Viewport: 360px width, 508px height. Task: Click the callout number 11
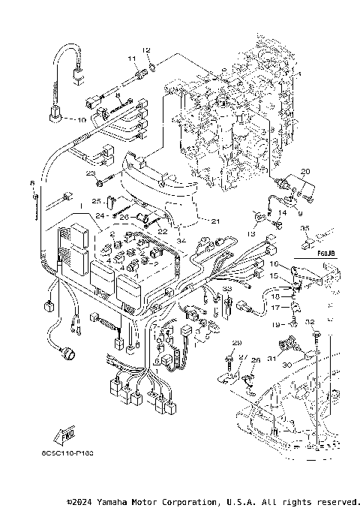[x=130, y=59]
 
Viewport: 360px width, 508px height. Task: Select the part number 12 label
[x=147, y=50]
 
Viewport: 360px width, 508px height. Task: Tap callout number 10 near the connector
[x=81, y=119]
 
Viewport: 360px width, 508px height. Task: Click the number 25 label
[x=96, y=201]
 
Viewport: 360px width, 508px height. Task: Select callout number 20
[x=304, y=172]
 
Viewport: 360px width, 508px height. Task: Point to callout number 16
[x=274, y=265]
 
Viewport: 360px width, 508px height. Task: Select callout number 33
[x=226, y=289]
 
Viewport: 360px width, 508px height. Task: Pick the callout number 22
[x=161, y=232]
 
